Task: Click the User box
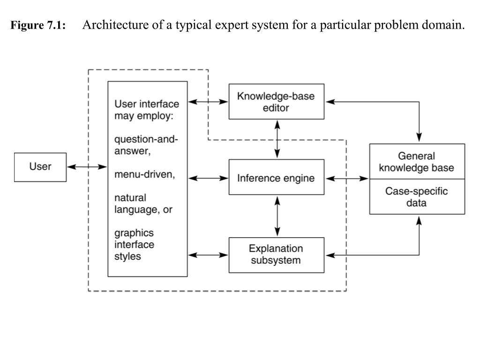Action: [x=40, y=167]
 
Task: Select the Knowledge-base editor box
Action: [x=276, y=102]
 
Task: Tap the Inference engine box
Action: [x=276, y=178]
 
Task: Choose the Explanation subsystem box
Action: [x=276, y=255]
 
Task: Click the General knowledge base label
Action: [x=417, y=162]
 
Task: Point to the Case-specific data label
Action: [x=417, y=197]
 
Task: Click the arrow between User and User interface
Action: [x=87, y=166]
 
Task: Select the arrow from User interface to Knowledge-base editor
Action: [x=208, y=102]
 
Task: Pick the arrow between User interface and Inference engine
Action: [x=208, y=178]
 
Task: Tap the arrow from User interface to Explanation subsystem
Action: [x=208, y=255]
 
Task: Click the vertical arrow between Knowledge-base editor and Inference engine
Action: [x=277, y=139]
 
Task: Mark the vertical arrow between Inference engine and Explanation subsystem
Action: [x=277, y=216]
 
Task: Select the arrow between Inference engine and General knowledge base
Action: [x=347, y=179]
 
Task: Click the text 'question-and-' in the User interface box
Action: [x=146, y=139]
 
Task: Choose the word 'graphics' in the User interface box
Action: [x=134, y=233]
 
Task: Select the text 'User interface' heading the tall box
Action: [x=147, y=104]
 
